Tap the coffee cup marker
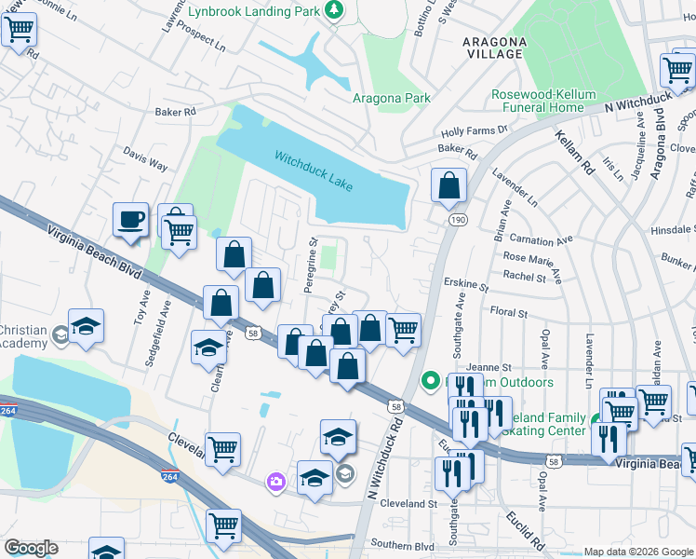click(x=130, y=221)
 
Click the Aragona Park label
click(x=391, y=98)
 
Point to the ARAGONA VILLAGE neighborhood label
click(x=494, y=48)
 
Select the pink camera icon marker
click(x=276, y=481)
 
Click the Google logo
click(x=31, y=548)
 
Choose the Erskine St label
click(x=469, y=283)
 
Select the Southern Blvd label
click(x=402, y=543)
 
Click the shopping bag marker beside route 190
click(x=448, y=186)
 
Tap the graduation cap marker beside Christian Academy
click(x=86, y=327)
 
